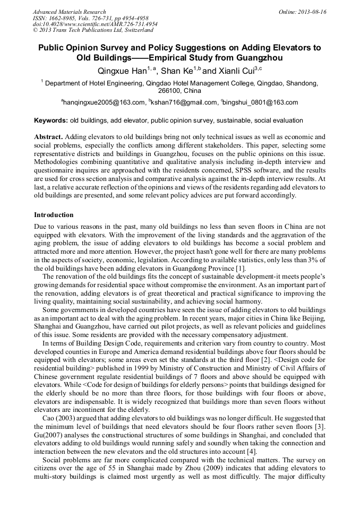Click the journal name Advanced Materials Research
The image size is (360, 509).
coord(69,12)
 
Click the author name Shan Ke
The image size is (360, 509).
coord(176,71)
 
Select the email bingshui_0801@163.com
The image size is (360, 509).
coord(262,102)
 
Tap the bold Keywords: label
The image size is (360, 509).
coord(51,120)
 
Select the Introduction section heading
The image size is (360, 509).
coord(54,215)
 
